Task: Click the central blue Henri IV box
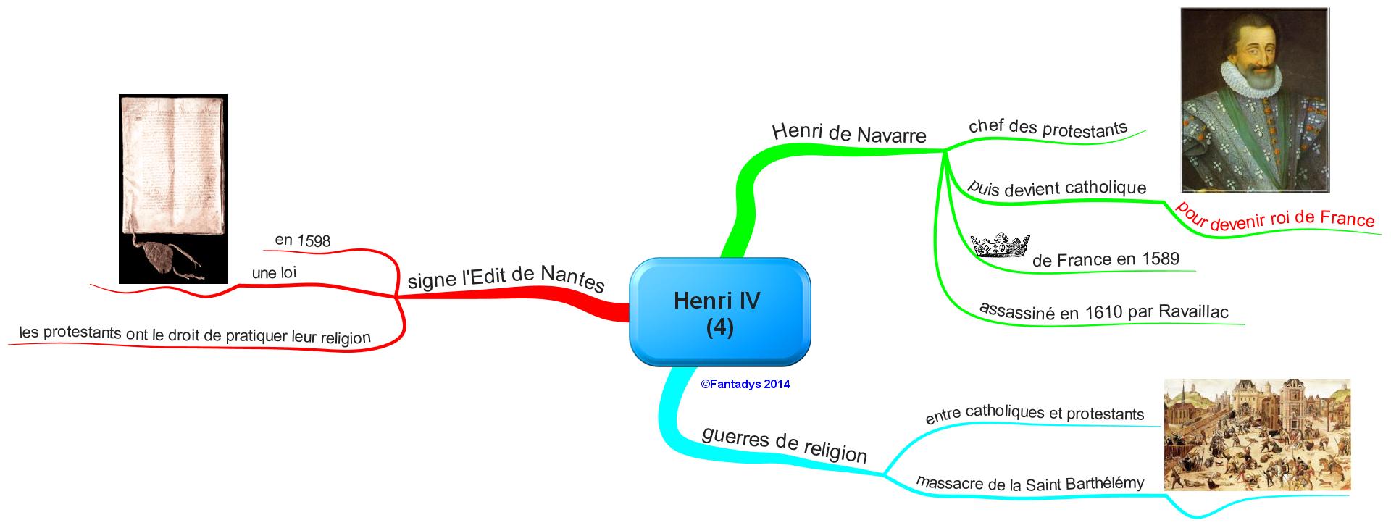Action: (x=719, y=312)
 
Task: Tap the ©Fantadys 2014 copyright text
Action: (x=745, y=385)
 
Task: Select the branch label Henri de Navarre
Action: (x=849, y=133)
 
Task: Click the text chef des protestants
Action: (x=1048, y=127)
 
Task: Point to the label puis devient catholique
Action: (x=1057, y=188)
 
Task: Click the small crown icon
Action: (x=1000, y=246)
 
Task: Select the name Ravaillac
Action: (x=1193, y=311)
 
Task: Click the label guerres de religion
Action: (x=785, y=443)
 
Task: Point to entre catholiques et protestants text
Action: (x=1035, y=414)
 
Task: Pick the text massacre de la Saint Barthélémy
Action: (x=1030, y=483)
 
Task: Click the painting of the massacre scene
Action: (x=1257, y=435)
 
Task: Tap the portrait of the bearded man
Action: (x=1255, y=100)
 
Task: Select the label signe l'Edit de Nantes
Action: (x=506, y=278)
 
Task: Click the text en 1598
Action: (x=303, y=240)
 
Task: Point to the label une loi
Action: (x=274, y=273)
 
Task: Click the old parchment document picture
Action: (x=173, y=174)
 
